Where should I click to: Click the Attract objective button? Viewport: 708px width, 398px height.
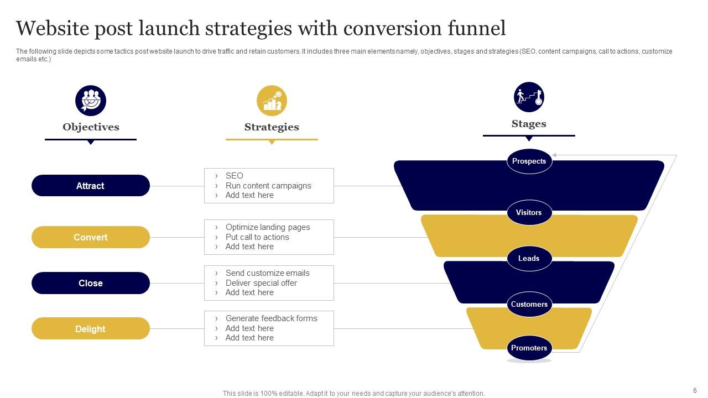pyautogui.click(x=91, y=186)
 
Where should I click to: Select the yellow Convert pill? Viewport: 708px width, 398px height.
pyautogui.click(x=91, y=237)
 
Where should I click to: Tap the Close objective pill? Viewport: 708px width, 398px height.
pyautogui.click(x=91, y=283)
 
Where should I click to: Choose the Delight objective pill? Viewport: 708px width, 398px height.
pyautogui.click(x=91, y=329)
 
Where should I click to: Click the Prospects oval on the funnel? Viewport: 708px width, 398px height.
pyautogui.click(x=529, y=161)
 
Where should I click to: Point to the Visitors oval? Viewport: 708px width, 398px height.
pyautogui.click(x=529, y=212)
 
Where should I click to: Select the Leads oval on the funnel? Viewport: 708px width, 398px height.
pyautogui.click(x=529, y=258)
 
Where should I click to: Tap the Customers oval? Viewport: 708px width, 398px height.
pyautogui.click(x=529, y=304)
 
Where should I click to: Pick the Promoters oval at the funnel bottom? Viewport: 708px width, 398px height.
pyautogui.click(x=529, y=348)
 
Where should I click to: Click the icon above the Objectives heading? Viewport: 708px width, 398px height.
pyautogui.click(x=91, y=101)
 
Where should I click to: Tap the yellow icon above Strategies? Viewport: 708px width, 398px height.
pyautogui.click(x=272, y=101)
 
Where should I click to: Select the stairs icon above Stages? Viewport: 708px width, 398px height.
pyautogui.click(x=529, y=97)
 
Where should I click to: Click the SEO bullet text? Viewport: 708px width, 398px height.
pyautogui.click(x=235, y=176)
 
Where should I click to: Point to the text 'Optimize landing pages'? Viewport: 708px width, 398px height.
pyautogui.click(x=268, y=227)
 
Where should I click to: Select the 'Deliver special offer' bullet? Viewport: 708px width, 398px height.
pyautogui.click(x=261, y=283)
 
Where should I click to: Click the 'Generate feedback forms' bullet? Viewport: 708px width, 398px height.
pyautogui.click(x=271, y=318)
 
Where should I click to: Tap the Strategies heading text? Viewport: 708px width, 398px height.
pyautogui.click(x=272, y=127)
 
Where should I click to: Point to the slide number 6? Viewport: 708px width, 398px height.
pyautogui.click(x=695, y=390)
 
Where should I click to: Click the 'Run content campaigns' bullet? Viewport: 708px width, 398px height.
pyautogui.click(x=268, y=186)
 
